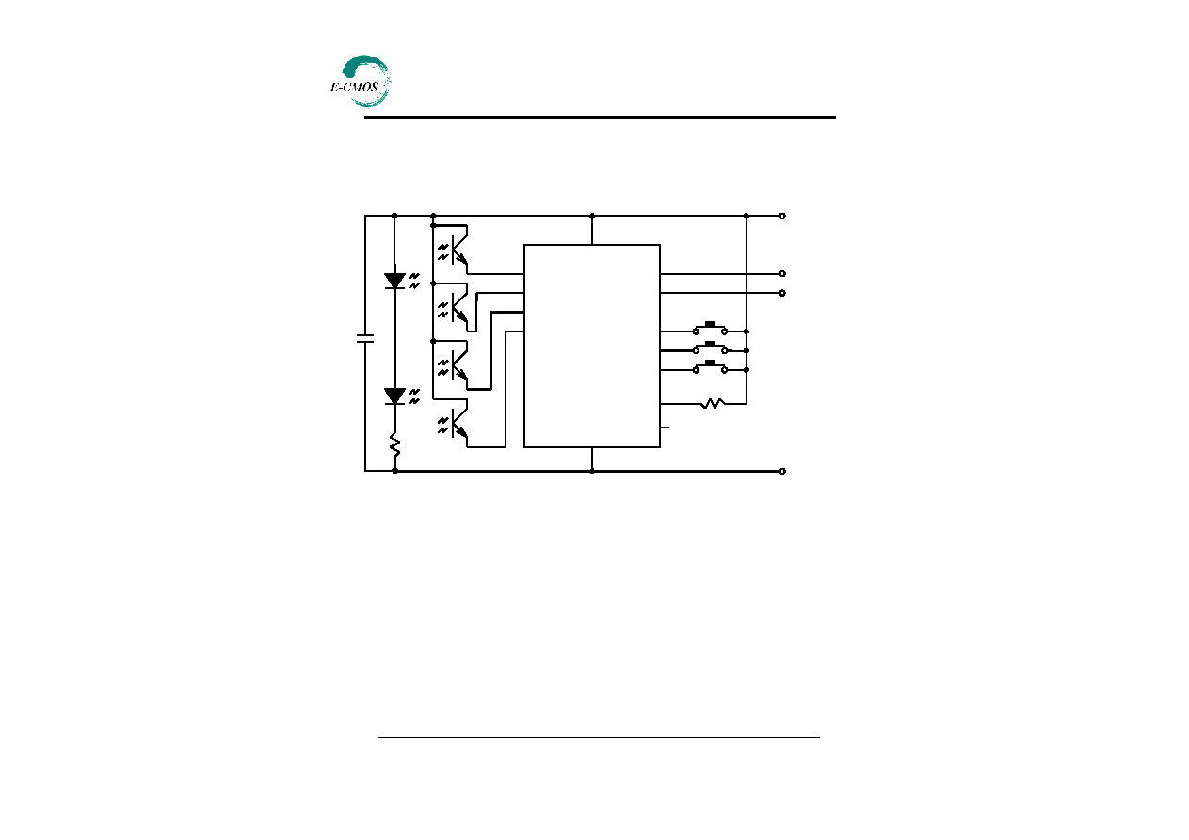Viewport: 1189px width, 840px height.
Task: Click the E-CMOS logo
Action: pos(361,82)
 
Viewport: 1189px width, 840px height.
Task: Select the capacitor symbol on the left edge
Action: pos(365,338)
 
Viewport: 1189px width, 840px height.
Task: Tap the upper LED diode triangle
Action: pos(394,281)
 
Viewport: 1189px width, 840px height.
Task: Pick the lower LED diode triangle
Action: pos(394,396)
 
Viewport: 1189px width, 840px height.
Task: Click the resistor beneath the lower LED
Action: pos(394,446)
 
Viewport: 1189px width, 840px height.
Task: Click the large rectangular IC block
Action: pos(592,347)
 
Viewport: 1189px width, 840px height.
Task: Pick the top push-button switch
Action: pos(710,328)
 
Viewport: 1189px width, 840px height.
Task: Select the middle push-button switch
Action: pos(710,347)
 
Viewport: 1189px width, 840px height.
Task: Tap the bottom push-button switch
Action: pos(710,367)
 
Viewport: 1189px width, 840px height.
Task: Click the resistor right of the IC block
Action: pos(713,404)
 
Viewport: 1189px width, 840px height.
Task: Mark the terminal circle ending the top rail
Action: pos(782,216)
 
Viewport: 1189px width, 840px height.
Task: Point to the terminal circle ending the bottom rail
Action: pos(782,472)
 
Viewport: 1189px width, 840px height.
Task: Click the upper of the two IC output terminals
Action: pos(782,274)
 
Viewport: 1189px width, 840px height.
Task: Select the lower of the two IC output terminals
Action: pos(782,293)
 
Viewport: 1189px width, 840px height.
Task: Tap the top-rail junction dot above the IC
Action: pos(592,216)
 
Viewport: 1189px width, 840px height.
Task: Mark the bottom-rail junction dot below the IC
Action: pos(592,472)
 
